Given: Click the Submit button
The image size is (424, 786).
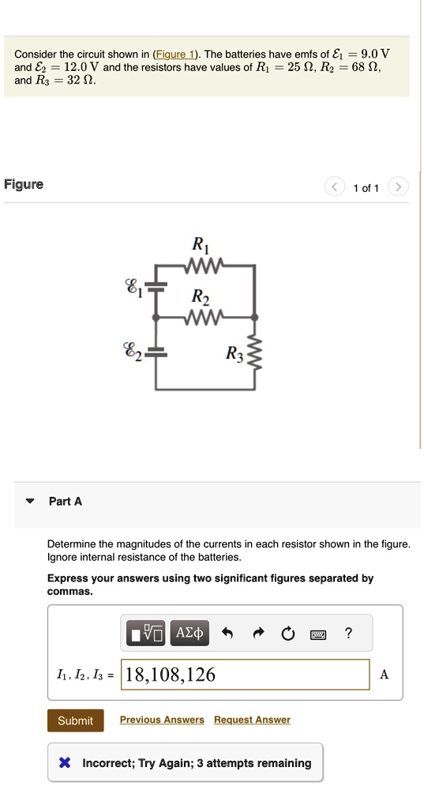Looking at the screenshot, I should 75,720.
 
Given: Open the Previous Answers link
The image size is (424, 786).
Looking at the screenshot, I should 162,720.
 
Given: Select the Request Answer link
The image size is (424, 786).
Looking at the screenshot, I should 252,720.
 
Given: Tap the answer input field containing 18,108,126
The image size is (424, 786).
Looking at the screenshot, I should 245,675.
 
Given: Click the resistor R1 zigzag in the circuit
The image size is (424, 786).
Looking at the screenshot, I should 205,265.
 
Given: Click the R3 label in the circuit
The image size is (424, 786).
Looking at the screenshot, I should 235,353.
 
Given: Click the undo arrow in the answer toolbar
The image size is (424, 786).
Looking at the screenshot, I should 227,633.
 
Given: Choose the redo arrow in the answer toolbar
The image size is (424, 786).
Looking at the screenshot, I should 258,633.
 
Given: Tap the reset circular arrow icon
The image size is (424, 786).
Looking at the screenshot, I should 288,633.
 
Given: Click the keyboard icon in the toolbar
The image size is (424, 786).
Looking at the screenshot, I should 319,633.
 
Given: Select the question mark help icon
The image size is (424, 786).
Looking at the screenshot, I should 349,633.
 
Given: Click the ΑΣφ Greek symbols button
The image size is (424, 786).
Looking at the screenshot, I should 189,633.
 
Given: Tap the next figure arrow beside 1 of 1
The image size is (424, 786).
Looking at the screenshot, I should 400,187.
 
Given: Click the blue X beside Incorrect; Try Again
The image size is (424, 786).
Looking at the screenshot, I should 66,763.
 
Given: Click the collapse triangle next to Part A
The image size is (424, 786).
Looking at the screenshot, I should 30,501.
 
